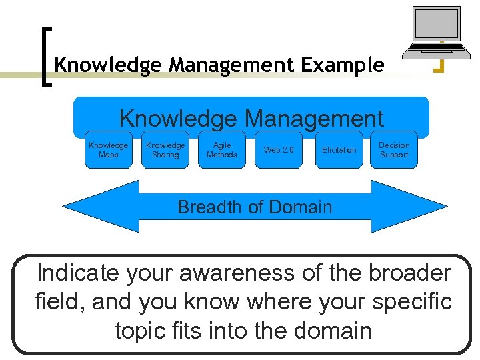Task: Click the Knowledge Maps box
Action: coord(108,150)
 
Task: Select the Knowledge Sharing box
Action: coord(165,150)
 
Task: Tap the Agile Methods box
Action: coord(222,150)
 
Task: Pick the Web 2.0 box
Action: coord(279,150)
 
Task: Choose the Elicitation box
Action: coord(339,150)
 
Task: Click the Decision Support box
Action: coord(394,150)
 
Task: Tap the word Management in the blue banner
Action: coord(313,119)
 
